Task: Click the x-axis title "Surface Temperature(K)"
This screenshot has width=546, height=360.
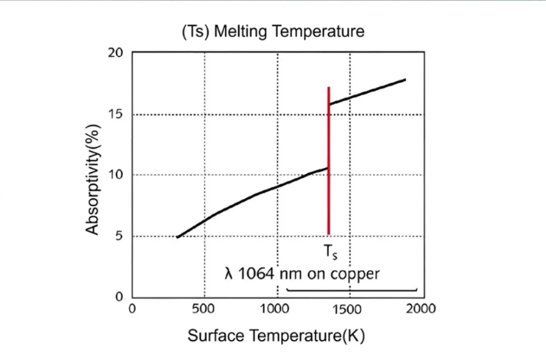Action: (273, 336)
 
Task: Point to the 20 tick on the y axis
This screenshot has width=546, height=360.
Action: (116, 53)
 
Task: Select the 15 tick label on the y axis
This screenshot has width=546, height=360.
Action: (116, 114)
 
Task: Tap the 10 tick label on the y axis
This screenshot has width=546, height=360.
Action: (116, 175)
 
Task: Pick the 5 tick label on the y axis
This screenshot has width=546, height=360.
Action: (118, 236)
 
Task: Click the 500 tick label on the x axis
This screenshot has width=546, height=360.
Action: (204, 309)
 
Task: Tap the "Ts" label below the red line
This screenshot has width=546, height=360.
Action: (329, 250)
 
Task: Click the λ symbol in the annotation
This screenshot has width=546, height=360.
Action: (228, 274)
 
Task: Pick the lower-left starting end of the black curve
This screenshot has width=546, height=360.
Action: (177, 237)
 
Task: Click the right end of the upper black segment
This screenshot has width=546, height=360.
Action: (405, 80)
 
